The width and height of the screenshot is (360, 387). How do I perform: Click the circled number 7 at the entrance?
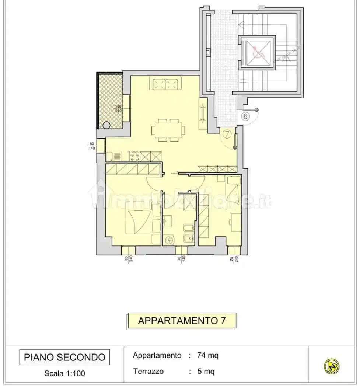pos(227,134)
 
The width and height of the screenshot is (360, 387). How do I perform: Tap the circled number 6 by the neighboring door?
pos(246,116)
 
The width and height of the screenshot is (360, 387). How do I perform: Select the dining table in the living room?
pos(169,130)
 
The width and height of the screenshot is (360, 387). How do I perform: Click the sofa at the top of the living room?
pos(165,84)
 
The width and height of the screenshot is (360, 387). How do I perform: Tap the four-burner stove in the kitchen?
pos(134,156)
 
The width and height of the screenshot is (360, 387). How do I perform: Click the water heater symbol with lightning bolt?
pos(169,240)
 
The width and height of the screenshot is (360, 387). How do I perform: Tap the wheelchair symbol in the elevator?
pos(256,52)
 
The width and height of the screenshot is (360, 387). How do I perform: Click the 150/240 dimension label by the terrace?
pos(118,109)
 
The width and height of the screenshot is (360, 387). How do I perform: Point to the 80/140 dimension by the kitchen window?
pos(92,146)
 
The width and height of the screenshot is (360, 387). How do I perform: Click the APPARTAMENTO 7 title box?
pos(181,321)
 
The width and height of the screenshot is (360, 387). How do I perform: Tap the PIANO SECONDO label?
pos(64,357)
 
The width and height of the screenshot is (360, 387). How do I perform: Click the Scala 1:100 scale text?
pos(64,373)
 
